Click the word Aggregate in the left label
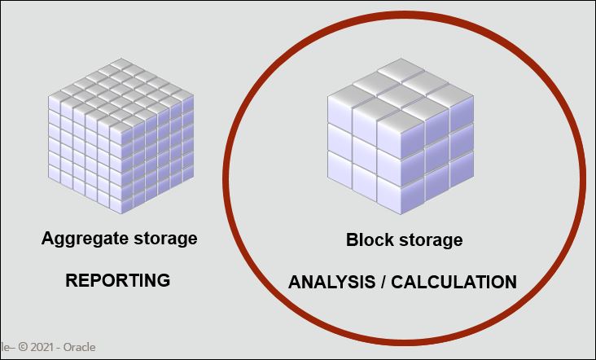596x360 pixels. click(80, 239)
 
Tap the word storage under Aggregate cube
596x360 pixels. click(159, 239)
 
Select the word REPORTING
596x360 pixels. click(117, 281)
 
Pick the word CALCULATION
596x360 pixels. click(454, 283)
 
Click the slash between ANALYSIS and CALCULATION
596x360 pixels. click(382, 283)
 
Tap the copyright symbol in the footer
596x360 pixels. click(23, 347)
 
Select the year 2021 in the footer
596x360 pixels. click(44, 347)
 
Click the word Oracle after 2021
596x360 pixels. click(80, 347)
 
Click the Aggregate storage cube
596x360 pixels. click(121, 136)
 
